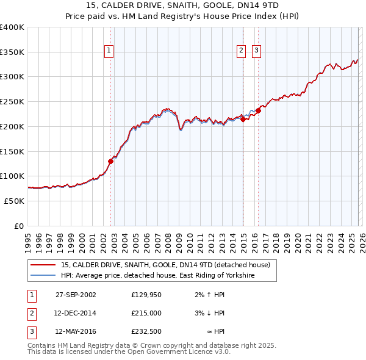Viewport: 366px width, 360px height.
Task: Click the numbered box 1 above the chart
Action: coord(109,51)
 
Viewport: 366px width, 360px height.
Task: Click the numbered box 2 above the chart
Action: coord(242,51)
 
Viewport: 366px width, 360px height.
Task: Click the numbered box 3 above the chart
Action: coord(257,51)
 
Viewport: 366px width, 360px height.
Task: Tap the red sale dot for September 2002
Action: coord(111,162)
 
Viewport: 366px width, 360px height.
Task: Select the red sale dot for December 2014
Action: coord(243,120)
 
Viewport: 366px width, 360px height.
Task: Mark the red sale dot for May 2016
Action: coord(258,111)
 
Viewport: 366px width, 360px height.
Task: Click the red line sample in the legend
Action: coord(43,265)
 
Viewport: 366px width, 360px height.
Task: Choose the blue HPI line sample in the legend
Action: coord(43,276)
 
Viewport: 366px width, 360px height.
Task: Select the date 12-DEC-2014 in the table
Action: coord(76,313)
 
